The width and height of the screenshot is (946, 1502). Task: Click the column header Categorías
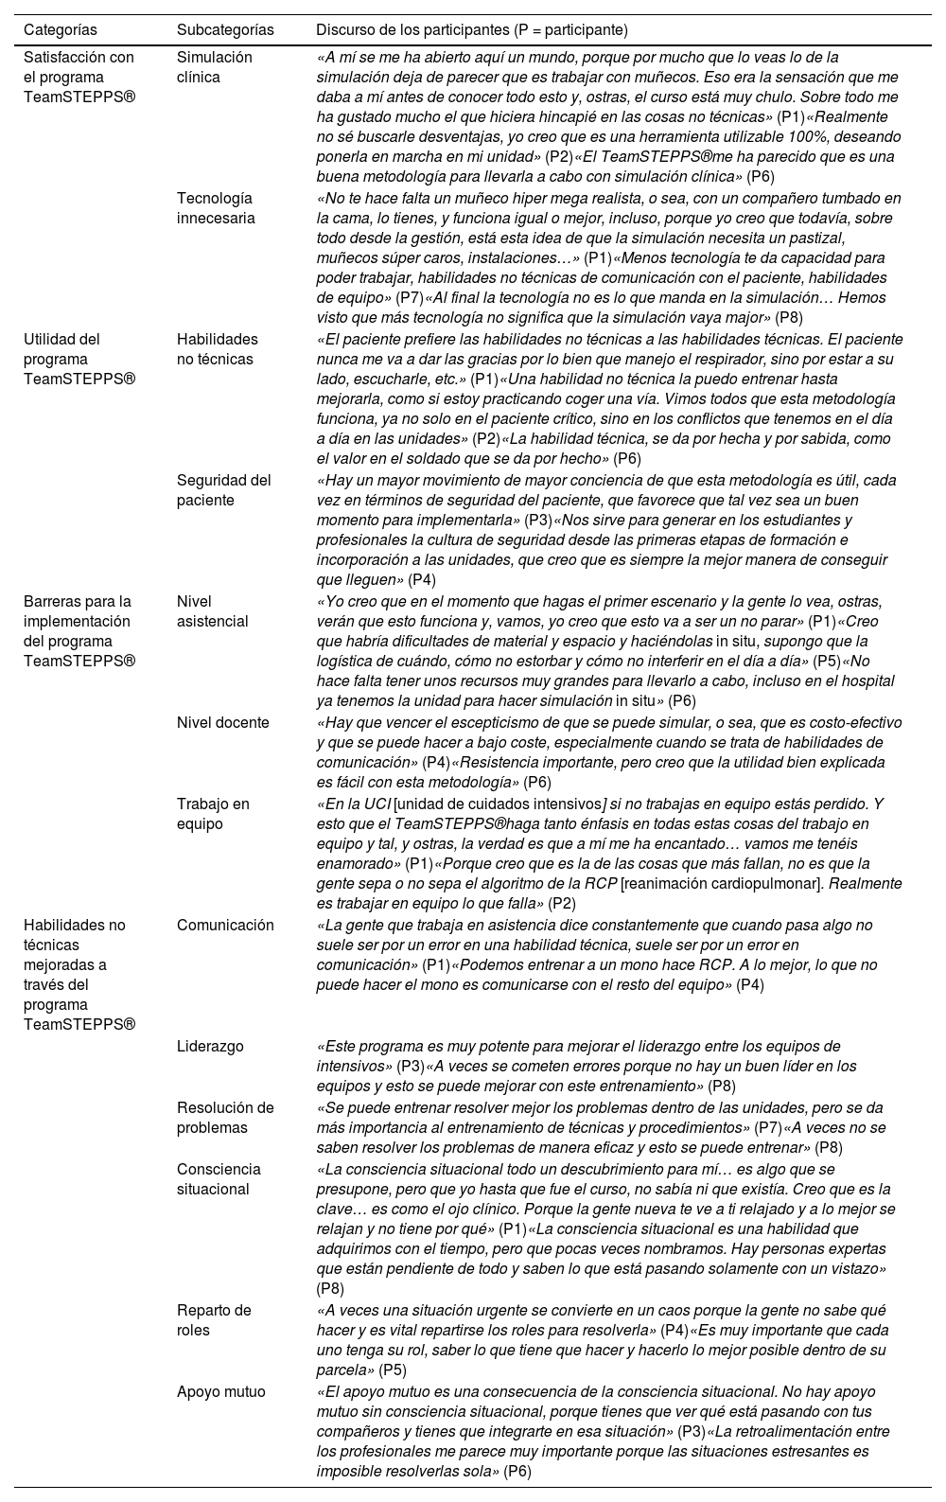(60, 30)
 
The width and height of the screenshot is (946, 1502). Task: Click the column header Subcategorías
(225, 30)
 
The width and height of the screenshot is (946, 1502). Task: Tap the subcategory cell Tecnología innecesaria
(216, 208)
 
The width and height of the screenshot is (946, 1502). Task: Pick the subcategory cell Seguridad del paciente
(224, 490)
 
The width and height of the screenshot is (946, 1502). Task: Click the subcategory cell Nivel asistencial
(213, 611)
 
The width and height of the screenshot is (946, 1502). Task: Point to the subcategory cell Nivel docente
(222, 723)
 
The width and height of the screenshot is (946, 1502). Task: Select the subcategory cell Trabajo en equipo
(214, 814)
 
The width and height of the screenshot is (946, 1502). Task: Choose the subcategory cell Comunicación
(225, 926)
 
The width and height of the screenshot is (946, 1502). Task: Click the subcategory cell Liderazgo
(210, 1047)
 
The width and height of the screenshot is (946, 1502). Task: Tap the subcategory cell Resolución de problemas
(225, 1118)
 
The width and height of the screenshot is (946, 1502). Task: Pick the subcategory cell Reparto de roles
(215, 1320)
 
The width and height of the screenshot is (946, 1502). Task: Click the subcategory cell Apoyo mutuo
(221, 1392)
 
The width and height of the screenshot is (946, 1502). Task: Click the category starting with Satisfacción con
(79, 77)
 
